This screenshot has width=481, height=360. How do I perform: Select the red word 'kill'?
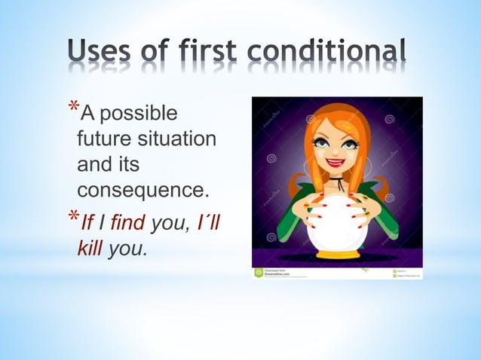point(92,248)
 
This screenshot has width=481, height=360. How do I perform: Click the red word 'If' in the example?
point(87,223)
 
